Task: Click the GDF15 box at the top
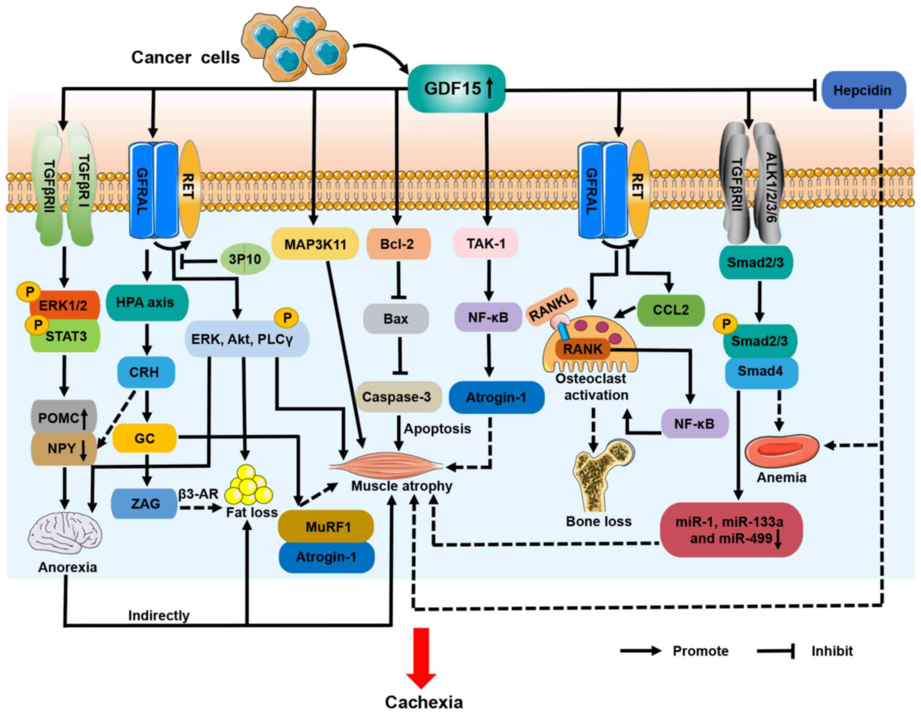(456, 88)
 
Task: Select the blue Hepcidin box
(863, 90)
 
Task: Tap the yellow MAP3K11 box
(315, 244)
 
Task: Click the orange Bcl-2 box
(397, 244)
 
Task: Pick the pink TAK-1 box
(486, 244)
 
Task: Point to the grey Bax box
(396, 319)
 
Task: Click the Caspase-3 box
(397, 397)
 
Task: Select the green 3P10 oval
(245, 259)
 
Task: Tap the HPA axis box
(146, 302)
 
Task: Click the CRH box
(145, 372)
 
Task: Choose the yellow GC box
(145, 438)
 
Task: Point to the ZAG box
(145, 503)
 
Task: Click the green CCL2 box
(671, 310)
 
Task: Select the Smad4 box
(760, 372)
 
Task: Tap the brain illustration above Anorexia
(65, 535)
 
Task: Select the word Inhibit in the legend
(832, 651)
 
